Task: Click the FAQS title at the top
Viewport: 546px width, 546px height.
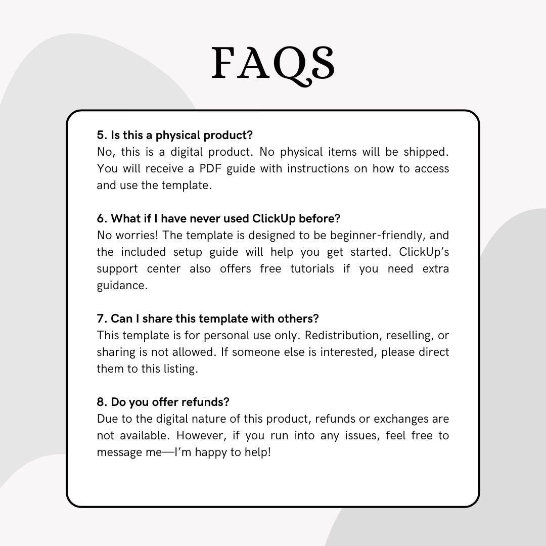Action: click(273, 63)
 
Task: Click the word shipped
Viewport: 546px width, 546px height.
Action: click(427, 152)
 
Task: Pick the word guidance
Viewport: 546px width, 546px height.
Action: click(122, 285)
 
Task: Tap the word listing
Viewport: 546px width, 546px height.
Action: click(180, 369)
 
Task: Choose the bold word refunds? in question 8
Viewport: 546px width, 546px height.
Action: click(205, 402)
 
